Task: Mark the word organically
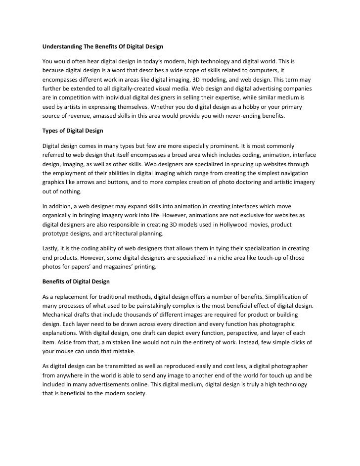[59, 216]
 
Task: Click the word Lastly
[52, 249]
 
